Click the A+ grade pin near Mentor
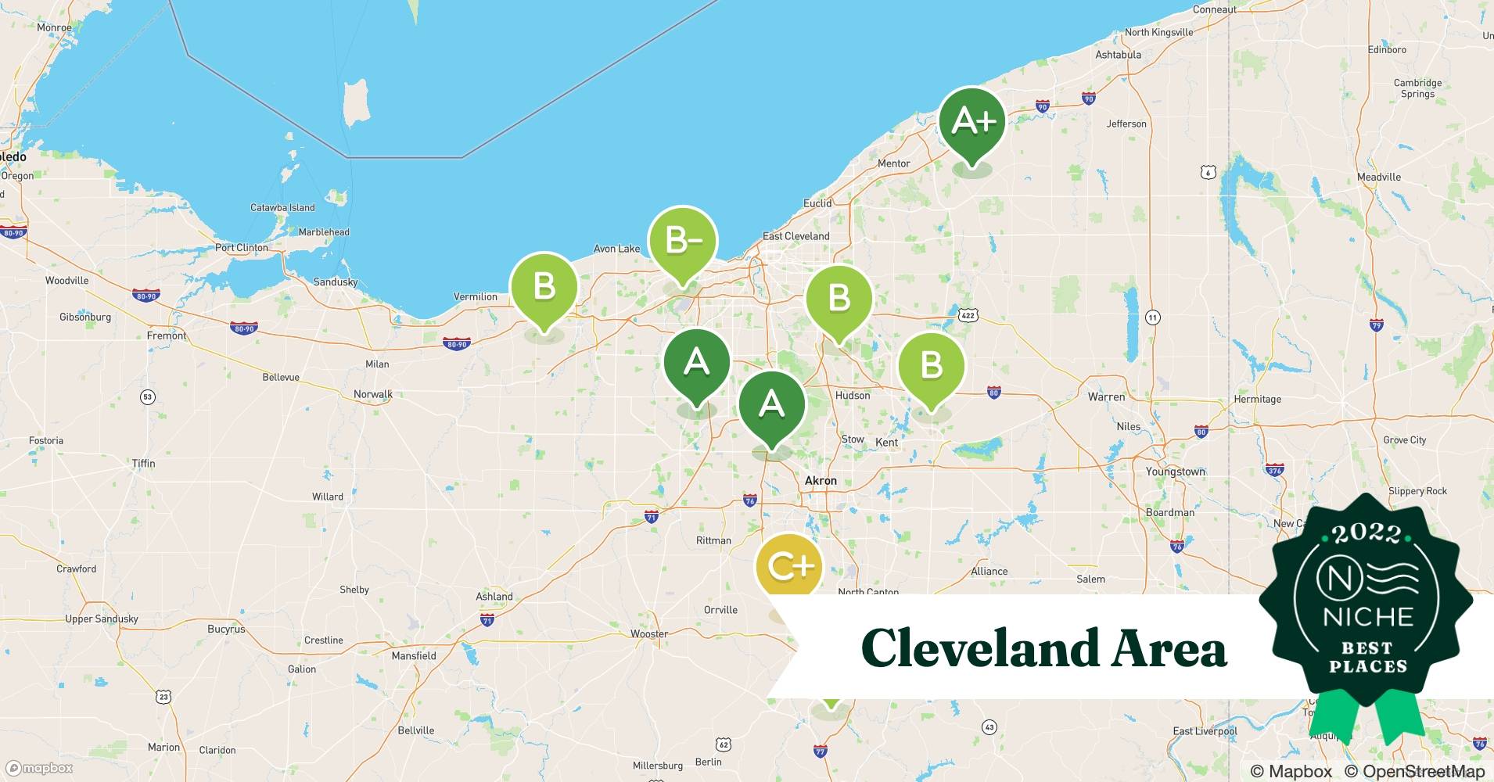point(971,122)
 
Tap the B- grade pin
point(682,241)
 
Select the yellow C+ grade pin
point(790,566)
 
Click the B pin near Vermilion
point(544,287)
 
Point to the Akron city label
point(821,481)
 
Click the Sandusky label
point(335,282)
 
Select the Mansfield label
point(414,656)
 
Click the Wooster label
point(649,634)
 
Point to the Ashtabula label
point(1118,55)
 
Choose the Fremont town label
point(167,335)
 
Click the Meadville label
point(1379,177)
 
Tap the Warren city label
point(1106,397)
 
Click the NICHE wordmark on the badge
point(1367,617)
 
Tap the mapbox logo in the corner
point(40,768)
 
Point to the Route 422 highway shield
point(968,315)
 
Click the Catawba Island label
point(282,208)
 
